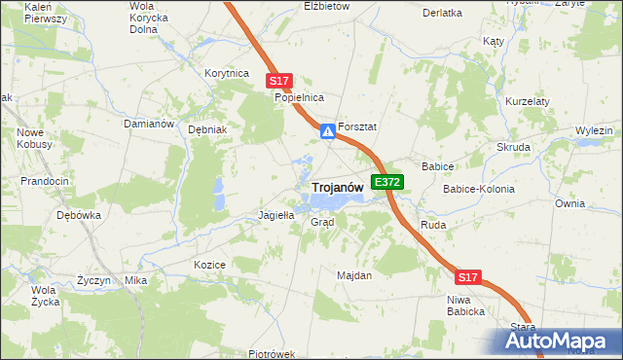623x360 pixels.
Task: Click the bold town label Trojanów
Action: pos(338,187)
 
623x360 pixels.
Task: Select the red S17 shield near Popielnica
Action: pos(279,82)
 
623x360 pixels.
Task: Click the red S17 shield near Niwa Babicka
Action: pos(468,277)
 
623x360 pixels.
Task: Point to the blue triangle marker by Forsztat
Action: pos(329,129)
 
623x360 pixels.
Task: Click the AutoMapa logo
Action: pos(558,341)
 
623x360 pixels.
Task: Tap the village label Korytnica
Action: pos(227,73)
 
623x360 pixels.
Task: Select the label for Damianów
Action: pos(149,125)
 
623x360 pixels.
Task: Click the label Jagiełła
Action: pos(275,215)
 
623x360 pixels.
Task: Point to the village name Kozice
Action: pos(210,265)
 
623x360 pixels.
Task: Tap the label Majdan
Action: pos(354,275)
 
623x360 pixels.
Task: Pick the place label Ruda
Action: pos(432,225)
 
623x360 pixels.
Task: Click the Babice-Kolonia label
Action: pos(479,189)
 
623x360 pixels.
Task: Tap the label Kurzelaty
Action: pos(529,101)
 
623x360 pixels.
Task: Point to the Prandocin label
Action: pos(45,181)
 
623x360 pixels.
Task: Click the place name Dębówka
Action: pos(79,216)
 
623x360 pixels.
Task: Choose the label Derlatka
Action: pos(443,13)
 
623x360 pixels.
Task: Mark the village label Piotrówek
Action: pos(271,354)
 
